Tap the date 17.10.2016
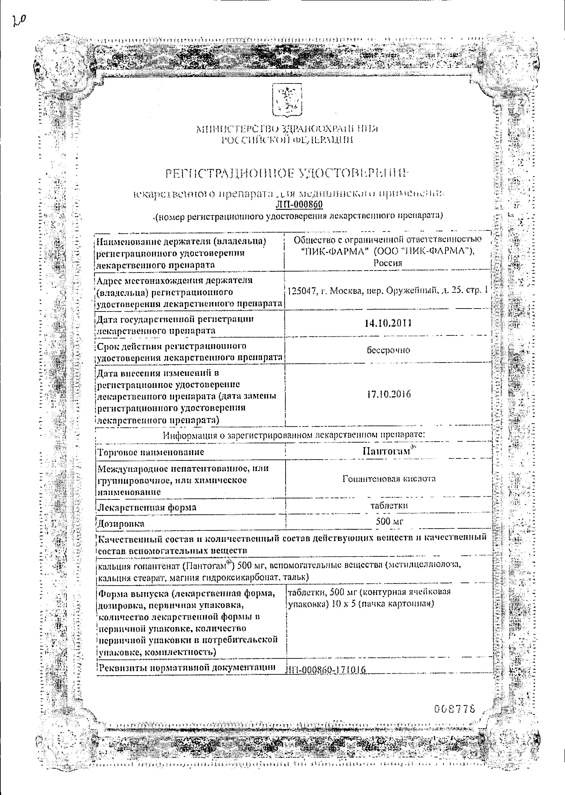pyautogui.click(x=389, y=394)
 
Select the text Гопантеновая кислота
pyautogui.click(x=389, y=479)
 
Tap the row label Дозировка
pyautogui.click(x=121, y=523)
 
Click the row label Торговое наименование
pyautogui.click(x=151, y=452)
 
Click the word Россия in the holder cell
pyautogui.click(x=388, y=263)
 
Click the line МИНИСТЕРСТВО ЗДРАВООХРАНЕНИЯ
pyautogui.click(x=287, y=129)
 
